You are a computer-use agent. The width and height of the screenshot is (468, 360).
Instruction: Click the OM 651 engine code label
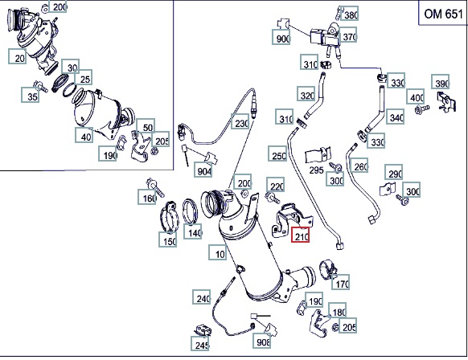point(443,14)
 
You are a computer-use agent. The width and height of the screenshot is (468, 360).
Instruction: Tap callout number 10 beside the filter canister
point(218,252)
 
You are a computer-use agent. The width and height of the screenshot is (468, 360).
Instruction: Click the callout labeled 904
point(203,170)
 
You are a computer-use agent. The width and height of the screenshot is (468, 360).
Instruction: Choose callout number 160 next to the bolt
point(147,197)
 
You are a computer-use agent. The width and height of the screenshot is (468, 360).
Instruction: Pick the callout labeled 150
point(168,239)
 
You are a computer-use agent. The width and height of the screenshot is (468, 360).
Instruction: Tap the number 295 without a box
point(316,170)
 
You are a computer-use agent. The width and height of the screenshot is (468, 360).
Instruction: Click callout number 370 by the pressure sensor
point(348,35)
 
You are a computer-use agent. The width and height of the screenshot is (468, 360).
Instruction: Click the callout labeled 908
point(262,341)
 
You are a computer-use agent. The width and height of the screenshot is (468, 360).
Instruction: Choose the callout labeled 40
point(84,135)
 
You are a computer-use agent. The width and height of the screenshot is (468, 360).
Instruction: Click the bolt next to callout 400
point(421,109)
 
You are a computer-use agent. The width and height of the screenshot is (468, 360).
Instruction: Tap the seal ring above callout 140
point(190,211)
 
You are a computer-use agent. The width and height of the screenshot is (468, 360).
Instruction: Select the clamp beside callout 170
point(328,269)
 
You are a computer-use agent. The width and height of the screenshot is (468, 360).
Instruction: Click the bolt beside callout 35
point(40,86)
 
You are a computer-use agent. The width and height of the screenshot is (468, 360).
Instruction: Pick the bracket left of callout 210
point(291,220)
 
